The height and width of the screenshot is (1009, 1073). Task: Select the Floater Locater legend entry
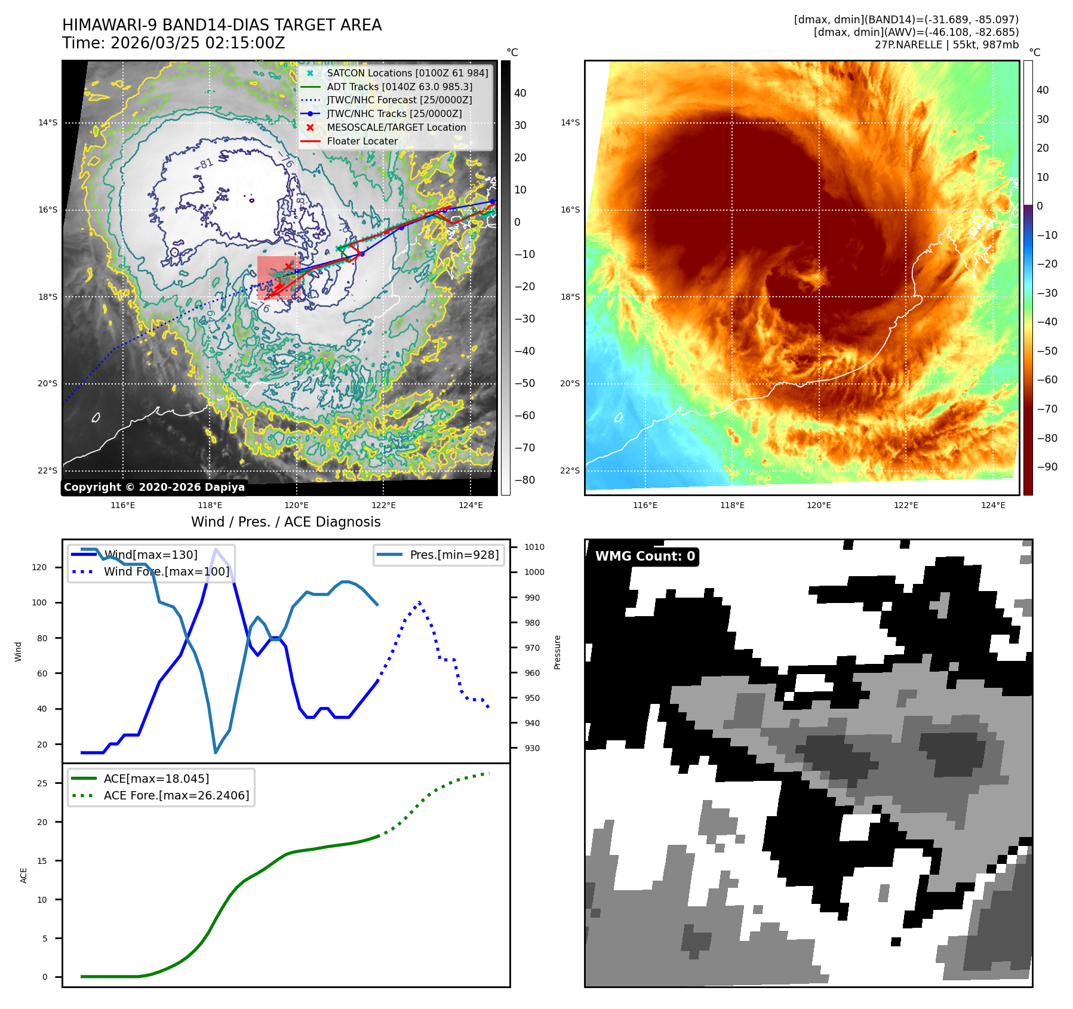362,141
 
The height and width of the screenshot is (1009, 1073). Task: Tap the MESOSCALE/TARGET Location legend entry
396,127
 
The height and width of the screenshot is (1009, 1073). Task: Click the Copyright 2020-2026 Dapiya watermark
154,487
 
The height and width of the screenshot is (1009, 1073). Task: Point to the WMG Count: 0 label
645,556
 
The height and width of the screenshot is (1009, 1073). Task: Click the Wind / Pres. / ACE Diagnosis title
285,522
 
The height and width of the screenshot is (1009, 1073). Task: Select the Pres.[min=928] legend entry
454,555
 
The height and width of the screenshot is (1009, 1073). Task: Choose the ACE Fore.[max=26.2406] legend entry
176,795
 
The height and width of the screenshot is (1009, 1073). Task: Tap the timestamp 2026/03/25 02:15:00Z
198,44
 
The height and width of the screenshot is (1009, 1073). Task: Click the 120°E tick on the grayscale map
296,506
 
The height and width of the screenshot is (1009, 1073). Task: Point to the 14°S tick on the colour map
570,122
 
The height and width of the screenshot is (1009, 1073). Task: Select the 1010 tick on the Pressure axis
534,547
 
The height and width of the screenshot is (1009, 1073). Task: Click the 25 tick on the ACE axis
42,783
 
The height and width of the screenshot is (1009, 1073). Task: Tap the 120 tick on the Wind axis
39,567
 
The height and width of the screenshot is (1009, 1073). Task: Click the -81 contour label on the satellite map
205,164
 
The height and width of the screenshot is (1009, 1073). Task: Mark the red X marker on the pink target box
288,266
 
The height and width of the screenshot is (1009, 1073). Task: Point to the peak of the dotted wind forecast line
419,602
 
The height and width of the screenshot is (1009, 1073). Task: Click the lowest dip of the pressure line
216,752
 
